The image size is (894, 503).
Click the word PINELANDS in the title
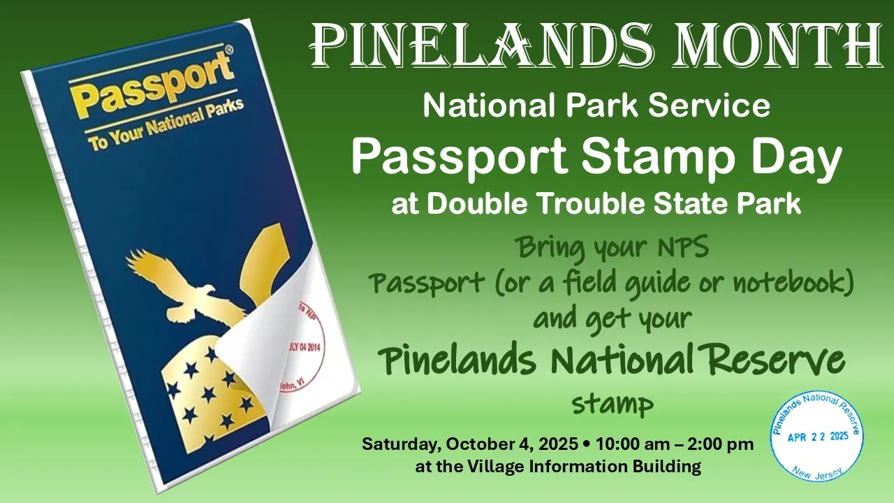coord(482,45)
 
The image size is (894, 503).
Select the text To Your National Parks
coord(166,124)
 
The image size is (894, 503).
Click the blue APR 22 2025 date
coord(818,437)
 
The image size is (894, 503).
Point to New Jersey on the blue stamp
coord(817,474)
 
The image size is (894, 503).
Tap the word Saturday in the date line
coord(400,444)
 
